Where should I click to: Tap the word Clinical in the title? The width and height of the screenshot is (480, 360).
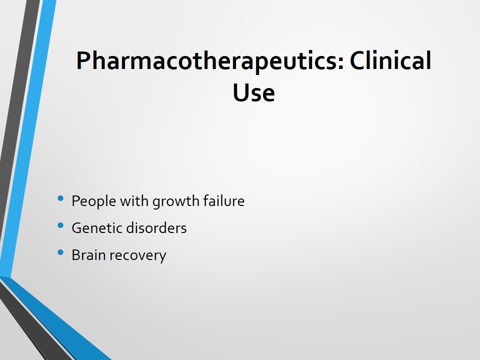[390, 60]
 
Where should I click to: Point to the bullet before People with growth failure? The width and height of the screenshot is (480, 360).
[60, 198]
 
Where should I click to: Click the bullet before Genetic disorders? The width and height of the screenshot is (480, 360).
[60, 225]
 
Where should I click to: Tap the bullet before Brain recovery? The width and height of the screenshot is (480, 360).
[60, 252]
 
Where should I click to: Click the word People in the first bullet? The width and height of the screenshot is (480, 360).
[93, 201]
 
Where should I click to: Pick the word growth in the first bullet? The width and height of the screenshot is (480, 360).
[175, 201]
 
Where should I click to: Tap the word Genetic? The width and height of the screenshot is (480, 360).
[96, 228]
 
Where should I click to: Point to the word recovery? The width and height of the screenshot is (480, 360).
[138, 256]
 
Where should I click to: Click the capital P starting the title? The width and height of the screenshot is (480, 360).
[83, 60]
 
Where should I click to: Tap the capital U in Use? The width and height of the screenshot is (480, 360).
[240, 92]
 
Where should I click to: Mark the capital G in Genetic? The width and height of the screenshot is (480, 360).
[76, 228]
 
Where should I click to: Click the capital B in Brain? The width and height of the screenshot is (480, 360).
[76, 255]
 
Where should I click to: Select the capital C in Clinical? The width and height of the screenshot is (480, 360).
[356, 60]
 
